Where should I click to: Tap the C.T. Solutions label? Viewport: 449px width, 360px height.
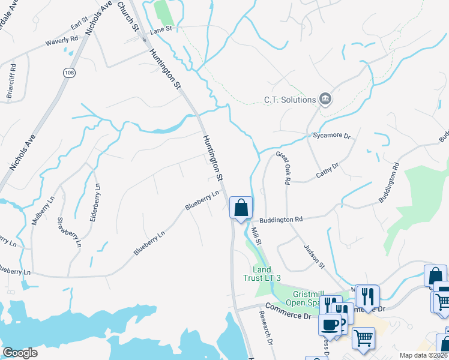(x=290, y=100)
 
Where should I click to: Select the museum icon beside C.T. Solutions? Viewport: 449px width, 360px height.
(x=325, y=99)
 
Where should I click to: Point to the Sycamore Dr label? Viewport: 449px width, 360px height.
(x=331, y=136)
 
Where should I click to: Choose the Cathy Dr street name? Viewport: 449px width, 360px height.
(x=328, y=170)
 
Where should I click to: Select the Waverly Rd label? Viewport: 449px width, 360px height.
(x=62, y=42)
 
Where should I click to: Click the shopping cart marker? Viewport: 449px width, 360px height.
(x=363, y=339)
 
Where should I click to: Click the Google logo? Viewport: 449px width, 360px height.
(x=20, y=353)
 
